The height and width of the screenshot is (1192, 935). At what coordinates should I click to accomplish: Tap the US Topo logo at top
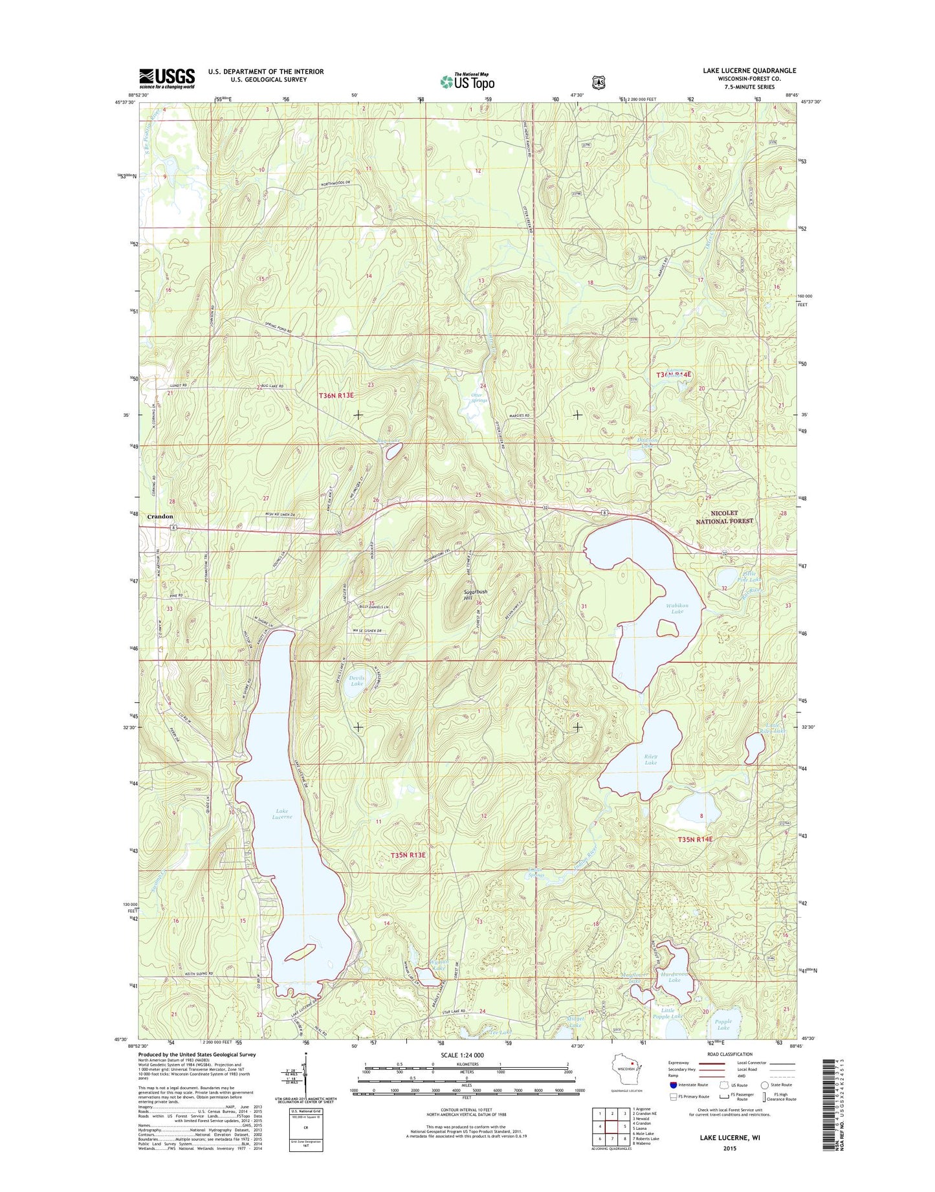point(467,82)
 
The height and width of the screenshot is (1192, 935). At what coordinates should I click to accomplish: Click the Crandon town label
point(160,516)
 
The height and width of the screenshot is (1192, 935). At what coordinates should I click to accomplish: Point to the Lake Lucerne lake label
point(283,813)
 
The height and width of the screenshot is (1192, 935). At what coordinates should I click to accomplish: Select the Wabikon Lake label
point(677,608)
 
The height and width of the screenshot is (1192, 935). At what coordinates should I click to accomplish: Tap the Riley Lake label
point(650,759)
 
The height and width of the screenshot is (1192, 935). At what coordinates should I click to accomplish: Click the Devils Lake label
point(357,681)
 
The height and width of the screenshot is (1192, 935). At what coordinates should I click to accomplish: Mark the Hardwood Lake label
point(674,977)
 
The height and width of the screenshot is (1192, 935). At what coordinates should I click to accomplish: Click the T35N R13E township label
point(408,855)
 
